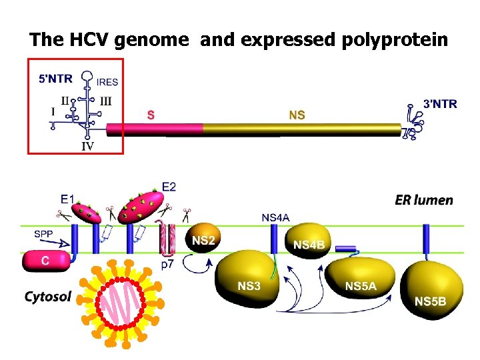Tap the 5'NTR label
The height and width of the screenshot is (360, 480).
(x=57, y=78)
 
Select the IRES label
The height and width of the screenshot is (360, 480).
(x=107, y=83)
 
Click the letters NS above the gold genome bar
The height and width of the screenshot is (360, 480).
(x=297, y=115)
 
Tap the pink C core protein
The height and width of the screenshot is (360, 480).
(x=45, y=261)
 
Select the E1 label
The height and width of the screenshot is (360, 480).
(x=68, y=199)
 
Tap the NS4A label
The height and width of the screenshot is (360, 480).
(x=275, y=217)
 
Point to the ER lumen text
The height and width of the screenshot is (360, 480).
(x=423, y=199)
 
